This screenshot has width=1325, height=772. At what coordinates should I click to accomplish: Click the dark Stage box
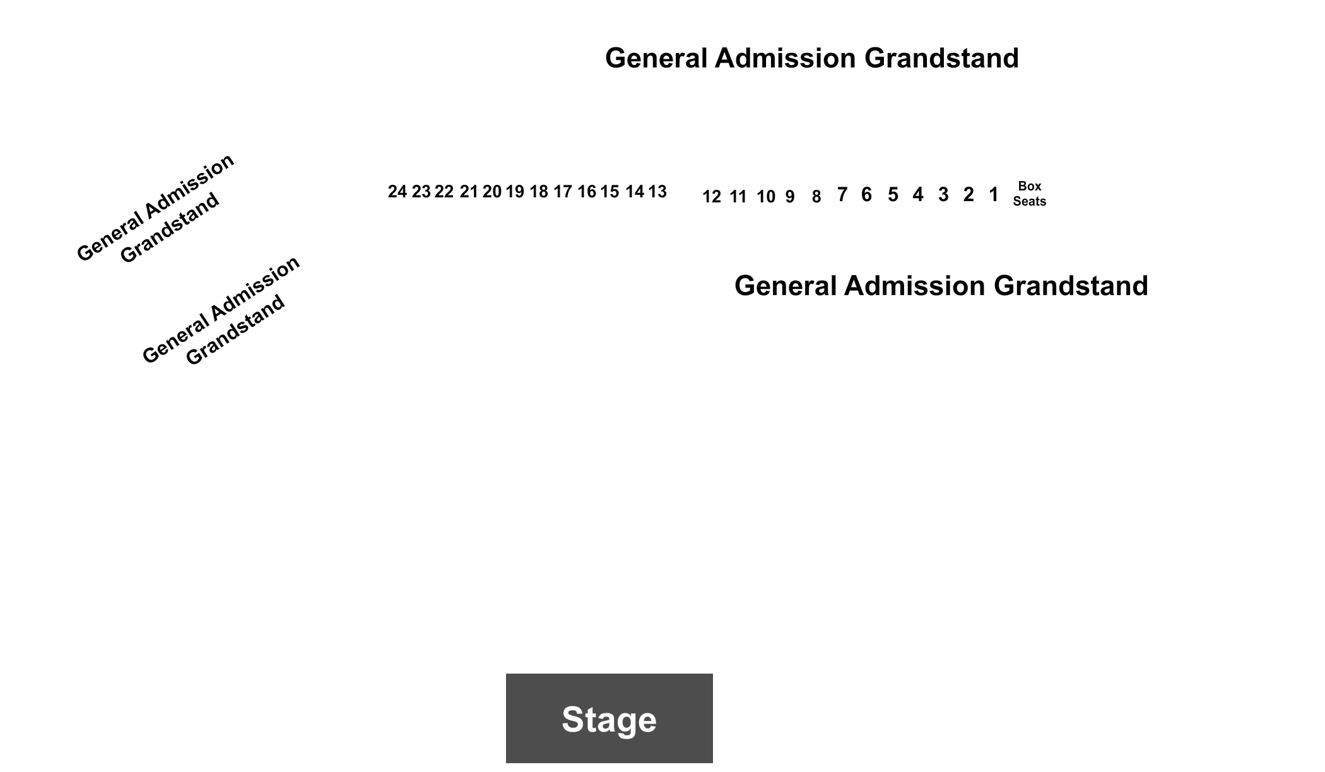[609, 718]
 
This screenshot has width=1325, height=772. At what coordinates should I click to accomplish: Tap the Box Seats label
[1029, 194]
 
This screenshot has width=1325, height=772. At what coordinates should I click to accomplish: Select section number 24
[397, 192]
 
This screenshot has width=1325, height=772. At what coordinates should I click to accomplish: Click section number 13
[657, 192]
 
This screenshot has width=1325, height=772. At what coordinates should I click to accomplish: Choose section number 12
[712, 197]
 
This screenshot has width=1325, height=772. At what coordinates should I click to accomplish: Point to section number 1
[994, 195]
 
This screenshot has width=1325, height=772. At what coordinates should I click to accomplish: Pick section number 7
[842, 194]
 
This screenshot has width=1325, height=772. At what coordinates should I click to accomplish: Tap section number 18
[539, 192]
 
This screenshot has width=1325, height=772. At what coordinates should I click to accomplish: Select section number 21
[469, 192]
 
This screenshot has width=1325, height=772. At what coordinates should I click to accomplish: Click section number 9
[790, 197]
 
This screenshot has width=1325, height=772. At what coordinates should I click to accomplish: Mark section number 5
[893, 195]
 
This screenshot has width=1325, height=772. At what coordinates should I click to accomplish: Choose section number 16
[587, 192]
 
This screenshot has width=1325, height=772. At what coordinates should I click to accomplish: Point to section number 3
[943, 195]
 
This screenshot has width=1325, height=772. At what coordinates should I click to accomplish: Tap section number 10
[766, 197]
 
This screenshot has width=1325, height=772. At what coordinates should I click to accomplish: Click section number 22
[444, 192]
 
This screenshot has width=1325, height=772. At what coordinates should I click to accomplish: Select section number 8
[816, 197]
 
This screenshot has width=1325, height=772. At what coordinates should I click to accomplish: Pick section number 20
[492, 192]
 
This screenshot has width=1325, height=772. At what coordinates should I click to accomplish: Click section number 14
[635, 192]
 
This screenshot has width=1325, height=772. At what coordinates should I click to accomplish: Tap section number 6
[866, 194]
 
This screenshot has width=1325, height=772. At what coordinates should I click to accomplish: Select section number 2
[969, 195]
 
